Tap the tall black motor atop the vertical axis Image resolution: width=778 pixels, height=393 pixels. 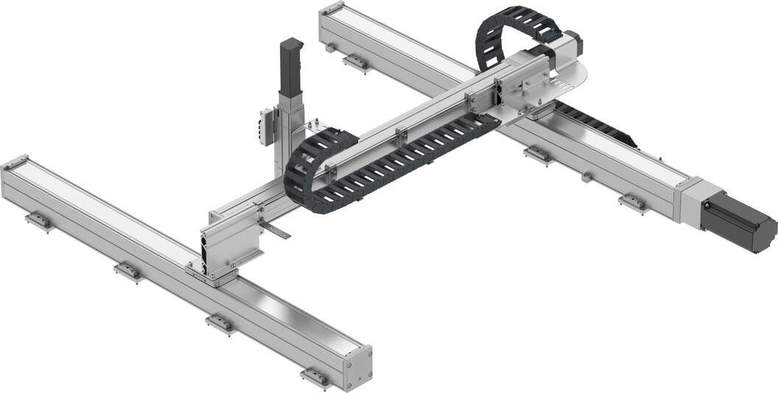pyautogui.click(x=291, y=66)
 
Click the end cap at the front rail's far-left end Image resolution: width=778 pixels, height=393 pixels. pyautogui.click(x=15, y=167)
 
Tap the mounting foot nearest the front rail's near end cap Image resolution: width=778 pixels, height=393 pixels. pyautogui.click(x=316, y=378)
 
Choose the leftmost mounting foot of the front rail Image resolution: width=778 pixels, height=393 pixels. pyautogui.click(x=38, y=220)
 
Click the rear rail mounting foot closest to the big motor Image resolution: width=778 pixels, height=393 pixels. pyautogui.click(x=634, y=203)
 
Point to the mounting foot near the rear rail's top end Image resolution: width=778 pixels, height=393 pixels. pyautogui.click(x=356, y=63)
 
